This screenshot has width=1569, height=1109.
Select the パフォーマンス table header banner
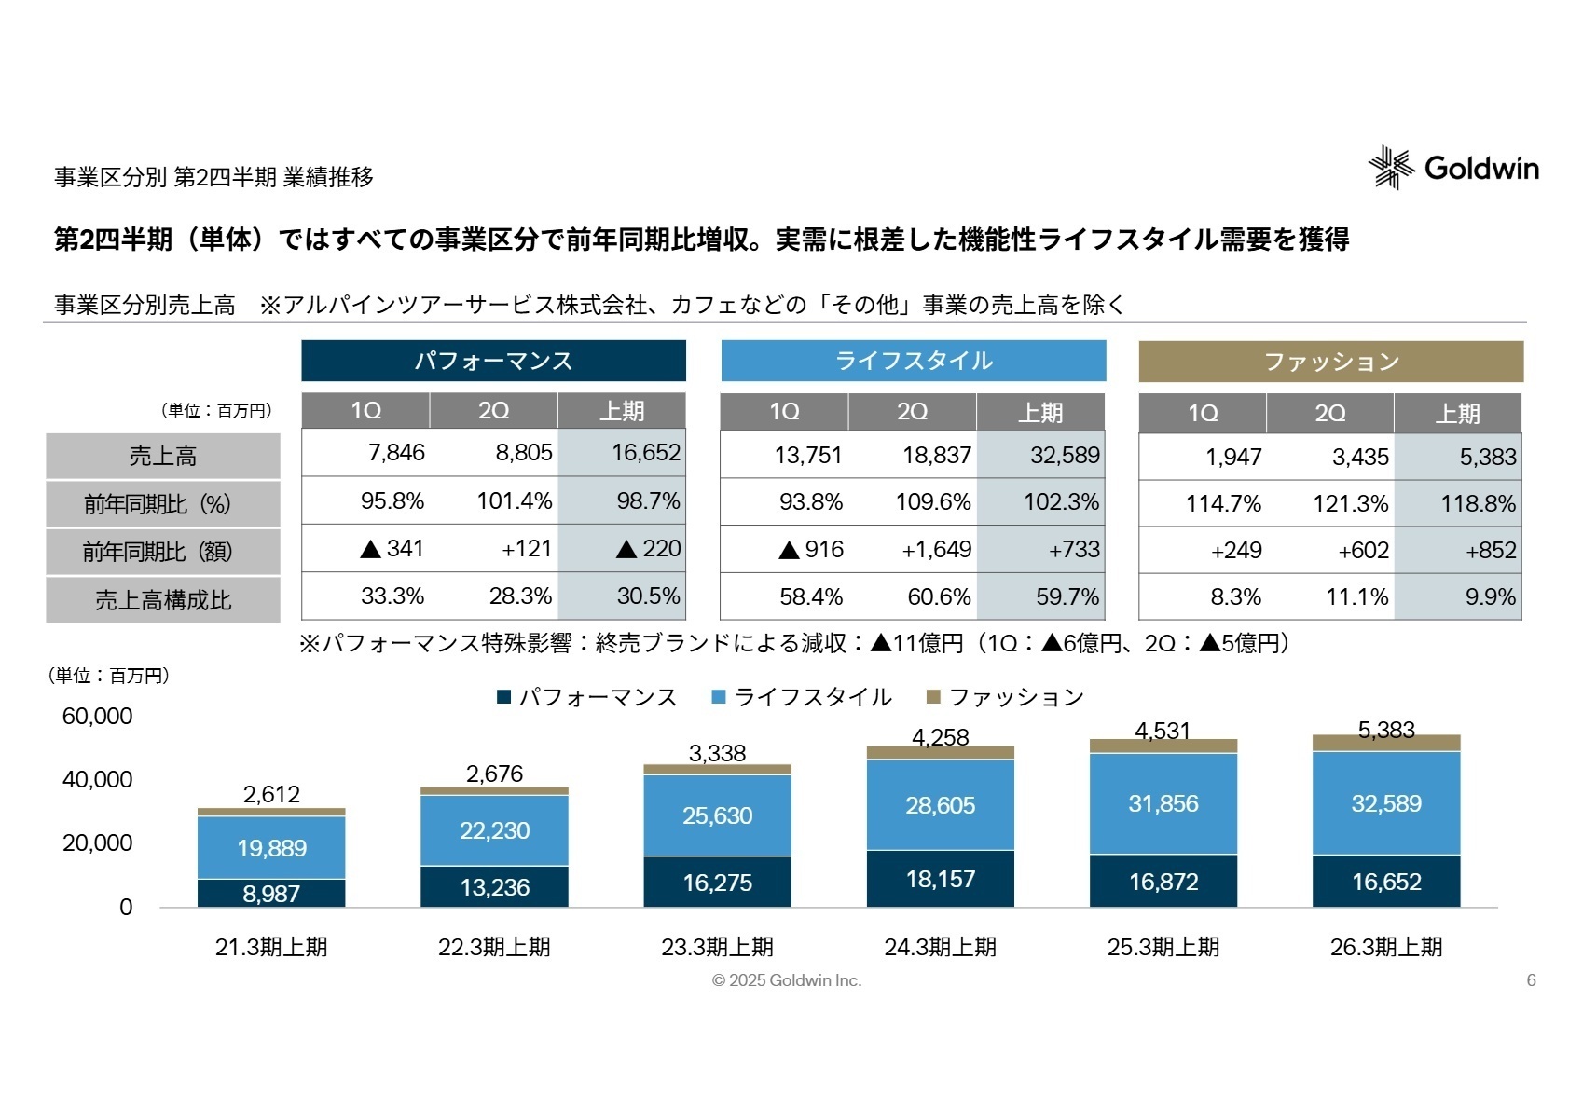(x=493, y=361)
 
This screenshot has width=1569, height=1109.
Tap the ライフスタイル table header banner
(x=913, y=361)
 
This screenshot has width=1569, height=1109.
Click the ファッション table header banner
(x=1330, y=362)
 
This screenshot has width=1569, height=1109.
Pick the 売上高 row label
(x=163, y=456)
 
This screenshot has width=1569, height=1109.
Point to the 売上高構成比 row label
(x=163, y=600)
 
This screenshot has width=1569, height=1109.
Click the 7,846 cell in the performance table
(x=396, y=453)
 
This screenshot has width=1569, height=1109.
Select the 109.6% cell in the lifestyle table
(x=932, y=502)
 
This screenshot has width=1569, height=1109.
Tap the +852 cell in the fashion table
(x=1490, y=551)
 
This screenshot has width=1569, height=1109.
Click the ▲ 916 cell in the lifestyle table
(x=811, y=550)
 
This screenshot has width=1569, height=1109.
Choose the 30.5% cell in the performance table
(x=648, y=596)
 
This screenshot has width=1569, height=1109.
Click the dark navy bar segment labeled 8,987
(x=271, y=893)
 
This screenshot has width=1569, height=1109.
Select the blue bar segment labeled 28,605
(x=940, y=805)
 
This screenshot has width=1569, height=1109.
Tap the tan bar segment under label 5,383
(x=1385, y=743)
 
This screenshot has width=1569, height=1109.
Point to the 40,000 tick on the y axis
(x=97, y=779)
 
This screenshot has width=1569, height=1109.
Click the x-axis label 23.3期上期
(x=717, y=947)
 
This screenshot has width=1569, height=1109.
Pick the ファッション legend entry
(x=1005, y=697)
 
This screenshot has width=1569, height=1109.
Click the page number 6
(x=1531, y=980)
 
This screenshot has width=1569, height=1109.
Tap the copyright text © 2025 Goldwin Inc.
(x=786, y=980)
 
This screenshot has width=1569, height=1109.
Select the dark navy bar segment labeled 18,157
(x=940, y=879)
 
